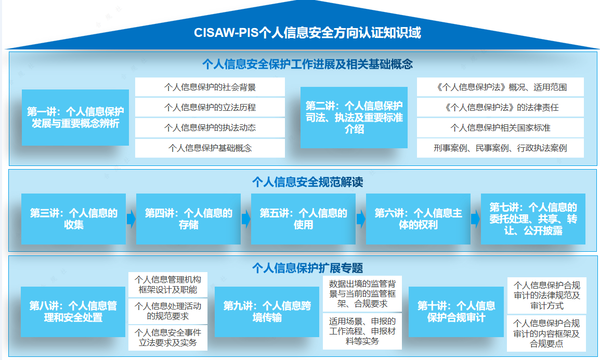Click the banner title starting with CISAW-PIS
tap(307, 33)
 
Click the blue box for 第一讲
tap(75, 118)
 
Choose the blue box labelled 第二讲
tap(354, 118)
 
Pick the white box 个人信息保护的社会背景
tap(210, 87)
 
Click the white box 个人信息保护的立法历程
tap(210, 108)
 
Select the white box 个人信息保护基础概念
tap(210, 148)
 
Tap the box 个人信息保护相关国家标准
tap(500, 127)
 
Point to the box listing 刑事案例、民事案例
tap(500, 148)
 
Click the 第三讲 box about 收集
tap(73, 219)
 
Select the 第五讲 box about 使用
tap(303, 219)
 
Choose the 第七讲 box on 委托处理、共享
tap(533, 219)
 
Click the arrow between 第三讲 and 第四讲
tap(131, 219)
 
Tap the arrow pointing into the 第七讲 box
tap(475, 219)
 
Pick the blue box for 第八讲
tap(73, 311)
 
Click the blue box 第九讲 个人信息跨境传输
tap(267, 311)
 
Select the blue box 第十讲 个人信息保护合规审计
tap(456, 311)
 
